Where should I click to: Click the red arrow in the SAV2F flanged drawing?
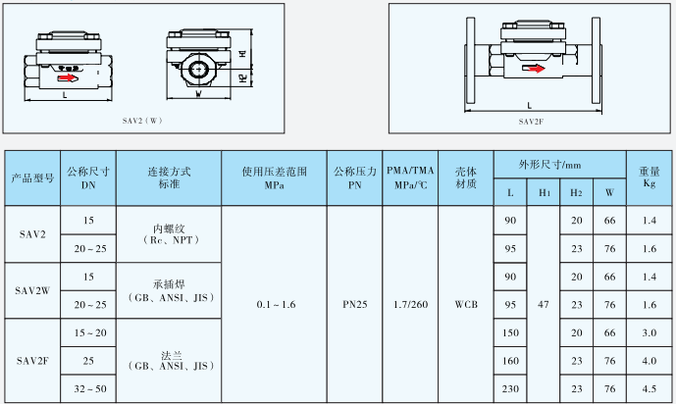tap(534, 68)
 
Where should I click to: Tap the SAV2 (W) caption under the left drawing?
tap(143, 121)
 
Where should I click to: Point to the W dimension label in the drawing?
tap(199, 96)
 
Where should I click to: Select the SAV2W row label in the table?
tap(32, 290)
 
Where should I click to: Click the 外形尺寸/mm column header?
tap(558, 164)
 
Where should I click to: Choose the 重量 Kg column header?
tap(649, 177)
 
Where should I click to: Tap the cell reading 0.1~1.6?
tap(276, 305)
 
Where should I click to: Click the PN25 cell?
tap(354, 305)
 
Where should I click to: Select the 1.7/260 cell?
tap(410, 305)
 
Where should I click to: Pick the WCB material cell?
tap(466, 305)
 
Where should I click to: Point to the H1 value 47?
tap(544, 305)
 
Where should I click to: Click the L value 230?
tap(510, 389)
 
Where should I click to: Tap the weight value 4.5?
tap(649, 389)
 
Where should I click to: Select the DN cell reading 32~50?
tap(88, 389)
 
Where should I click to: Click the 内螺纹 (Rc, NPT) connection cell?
tap(168, 233)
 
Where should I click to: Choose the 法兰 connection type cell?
tap(168, 360)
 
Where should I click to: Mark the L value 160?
tap(510, 361)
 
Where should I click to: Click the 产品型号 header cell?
tap(32, 178)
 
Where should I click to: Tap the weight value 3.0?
tap(649, 333)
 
